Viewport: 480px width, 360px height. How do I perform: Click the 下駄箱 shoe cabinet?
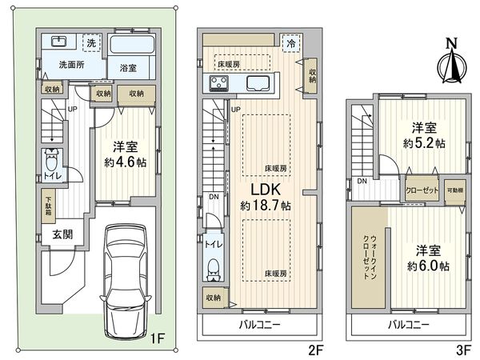tap(46, 205)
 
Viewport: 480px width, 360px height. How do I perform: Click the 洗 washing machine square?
tap(91, 42)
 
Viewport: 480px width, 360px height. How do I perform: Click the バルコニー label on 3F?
tap(408, 325)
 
